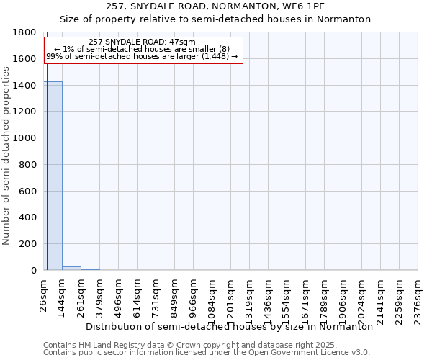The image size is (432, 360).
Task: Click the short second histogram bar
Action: click(x=71, y=268)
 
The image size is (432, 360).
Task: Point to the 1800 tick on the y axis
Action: click(x=26, y=32)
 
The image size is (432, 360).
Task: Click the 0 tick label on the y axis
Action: click(x=34, y=271)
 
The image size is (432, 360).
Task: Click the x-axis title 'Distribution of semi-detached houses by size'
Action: click(x=229, y=326)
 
